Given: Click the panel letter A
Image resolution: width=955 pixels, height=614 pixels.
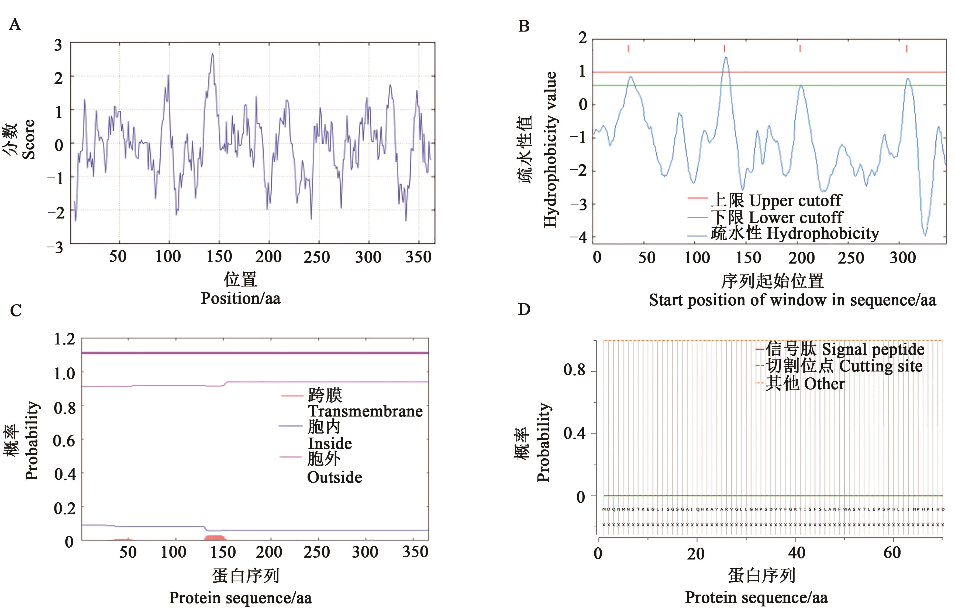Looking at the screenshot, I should coord(15,25).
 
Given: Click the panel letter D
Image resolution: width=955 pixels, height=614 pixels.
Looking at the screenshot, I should coord(524,309).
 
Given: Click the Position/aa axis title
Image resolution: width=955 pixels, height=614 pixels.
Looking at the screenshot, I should coord(240,298).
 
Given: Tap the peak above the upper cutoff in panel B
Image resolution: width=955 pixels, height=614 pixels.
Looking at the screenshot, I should coord(726,58).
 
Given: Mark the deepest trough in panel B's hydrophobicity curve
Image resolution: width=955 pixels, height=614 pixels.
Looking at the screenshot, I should coord(925,235).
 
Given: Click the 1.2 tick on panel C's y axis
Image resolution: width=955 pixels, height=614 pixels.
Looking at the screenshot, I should coord(64,339).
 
